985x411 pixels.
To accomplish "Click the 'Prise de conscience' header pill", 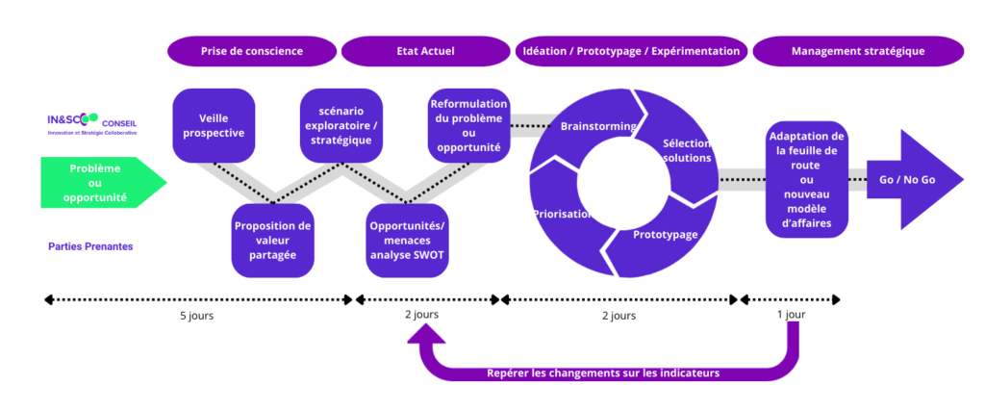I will (x=251, y=51).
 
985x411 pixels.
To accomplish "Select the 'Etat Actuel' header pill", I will (x=425, y=51).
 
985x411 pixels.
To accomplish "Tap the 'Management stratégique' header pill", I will (x=858, y=51).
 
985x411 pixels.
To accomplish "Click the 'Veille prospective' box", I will (x=214, y=125).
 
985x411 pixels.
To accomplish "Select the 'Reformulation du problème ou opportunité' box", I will (x=468, y=125).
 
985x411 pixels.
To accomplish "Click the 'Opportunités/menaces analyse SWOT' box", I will (x=408, y=241).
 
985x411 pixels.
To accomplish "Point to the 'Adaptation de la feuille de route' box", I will (x=807, y=180).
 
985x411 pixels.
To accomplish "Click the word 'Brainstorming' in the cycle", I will (x=597, y=126).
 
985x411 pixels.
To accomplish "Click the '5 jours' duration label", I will (x=196, y=316).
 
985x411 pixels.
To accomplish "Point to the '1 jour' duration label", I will (x=791, y=315).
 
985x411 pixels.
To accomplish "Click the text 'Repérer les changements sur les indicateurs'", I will (x=603, y=372).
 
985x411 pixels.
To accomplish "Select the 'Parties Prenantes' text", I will (x=90, y=246).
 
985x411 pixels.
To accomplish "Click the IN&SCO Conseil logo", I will (x=92, y=124).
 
